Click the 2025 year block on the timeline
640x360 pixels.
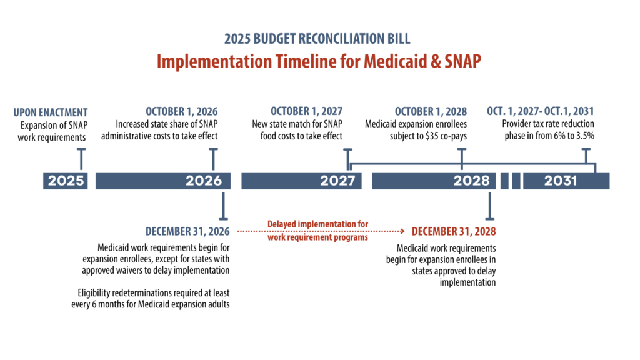[65, 181]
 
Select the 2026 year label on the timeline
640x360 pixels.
[204, 181]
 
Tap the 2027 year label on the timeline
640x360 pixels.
[337, 181]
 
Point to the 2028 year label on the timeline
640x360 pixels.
[471, 181]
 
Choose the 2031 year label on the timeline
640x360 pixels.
[561, 181]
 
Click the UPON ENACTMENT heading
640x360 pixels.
[51, 112]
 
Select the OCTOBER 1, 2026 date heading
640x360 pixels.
[182, 111]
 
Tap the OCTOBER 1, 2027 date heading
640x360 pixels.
[306, 111]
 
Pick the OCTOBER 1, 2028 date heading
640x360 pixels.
[431, 111]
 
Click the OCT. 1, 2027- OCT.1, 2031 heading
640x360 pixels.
[541, 111]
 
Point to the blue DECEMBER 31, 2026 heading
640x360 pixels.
[187, 231]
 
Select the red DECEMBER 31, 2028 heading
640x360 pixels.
[454, 231]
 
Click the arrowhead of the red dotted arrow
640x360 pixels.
[403, 231]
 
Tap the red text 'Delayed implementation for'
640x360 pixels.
[317, 224]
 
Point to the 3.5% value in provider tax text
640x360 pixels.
[585, 136]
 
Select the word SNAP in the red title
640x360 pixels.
[462, 61]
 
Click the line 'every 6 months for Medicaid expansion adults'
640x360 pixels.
[150, 304]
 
